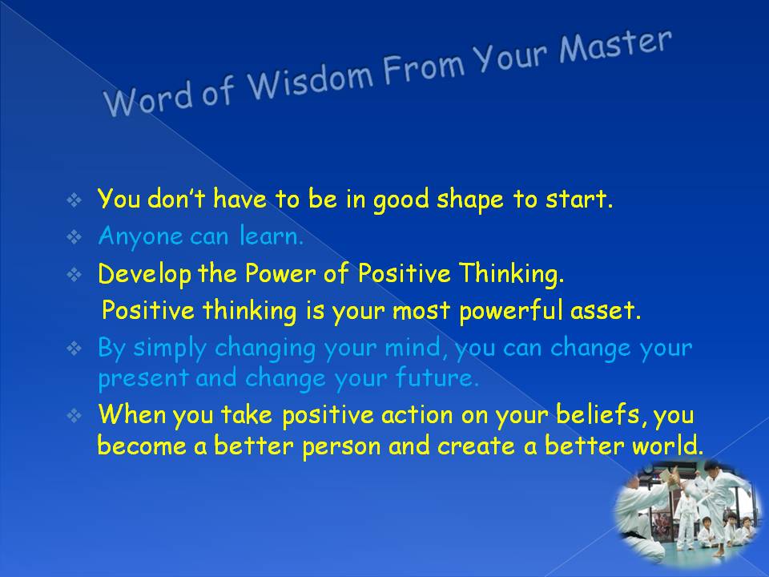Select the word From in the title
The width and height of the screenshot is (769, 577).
[x=424, y=68]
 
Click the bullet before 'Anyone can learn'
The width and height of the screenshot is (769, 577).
[x=74, y=237]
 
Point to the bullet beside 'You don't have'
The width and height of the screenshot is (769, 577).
[x=74, y=200]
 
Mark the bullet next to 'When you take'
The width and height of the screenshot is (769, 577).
[x=74, y=416]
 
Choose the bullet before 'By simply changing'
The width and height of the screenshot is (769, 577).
[x=74, y=349]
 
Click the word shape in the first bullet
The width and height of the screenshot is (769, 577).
[x=470, y=200]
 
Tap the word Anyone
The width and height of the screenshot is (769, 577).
[x=139, y=237]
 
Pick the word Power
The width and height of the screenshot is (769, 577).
[x=280, y=273]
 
